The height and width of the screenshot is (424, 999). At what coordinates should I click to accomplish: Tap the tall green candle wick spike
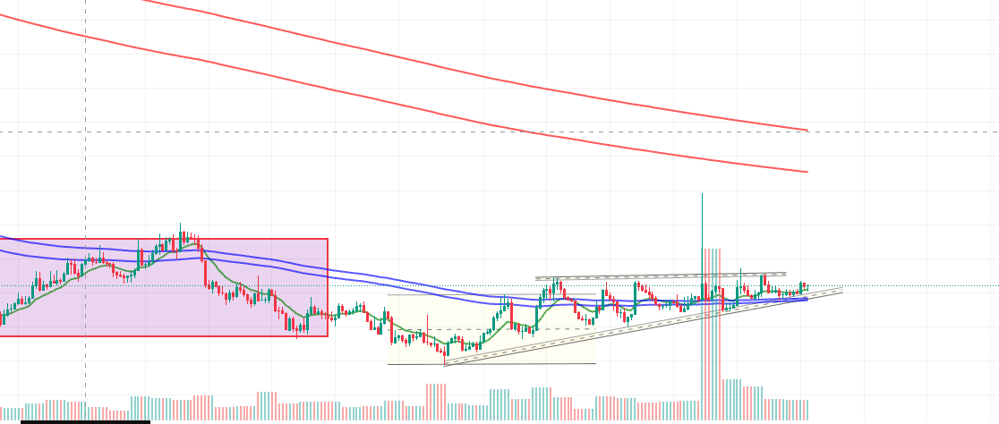click(702, 224)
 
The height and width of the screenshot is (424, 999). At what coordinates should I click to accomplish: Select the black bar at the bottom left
click(85, 421)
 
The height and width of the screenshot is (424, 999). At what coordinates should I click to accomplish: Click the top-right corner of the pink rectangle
click(328, 239)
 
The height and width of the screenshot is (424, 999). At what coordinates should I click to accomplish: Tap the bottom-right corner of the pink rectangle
click(328, 336)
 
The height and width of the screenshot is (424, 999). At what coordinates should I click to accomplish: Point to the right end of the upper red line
click(807, 130)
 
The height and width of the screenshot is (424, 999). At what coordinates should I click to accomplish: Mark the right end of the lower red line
click(807, 172)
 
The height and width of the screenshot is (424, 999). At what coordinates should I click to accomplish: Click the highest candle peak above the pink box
click(180, 225)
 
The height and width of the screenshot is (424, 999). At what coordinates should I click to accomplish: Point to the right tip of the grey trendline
click(841, 289)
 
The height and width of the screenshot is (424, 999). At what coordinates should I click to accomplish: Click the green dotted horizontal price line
click(895, 286)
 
